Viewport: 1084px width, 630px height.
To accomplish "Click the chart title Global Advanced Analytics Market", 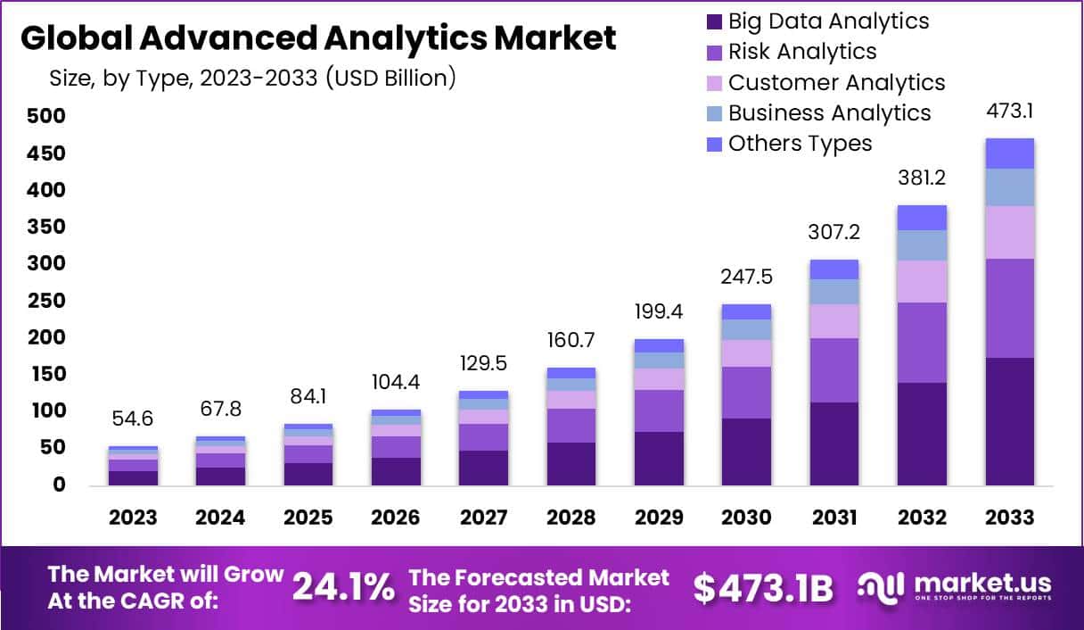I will click(317, 38).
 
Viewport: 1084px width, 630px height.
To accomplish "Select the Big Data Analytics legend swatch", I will click(713, 21).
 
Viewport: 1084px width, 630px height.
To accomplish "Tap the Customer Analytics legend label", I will click(836, 82).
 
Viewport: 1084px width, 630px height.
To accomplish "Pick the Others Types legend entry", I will click(800, 143).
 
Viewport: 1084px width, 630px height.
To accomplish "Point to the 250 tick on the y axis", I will click(45, 301).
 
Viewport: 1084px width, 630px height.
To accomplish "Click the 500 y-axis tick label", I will click(45, 117).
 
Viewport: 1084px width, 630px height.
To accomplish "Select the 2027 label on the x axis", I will click(483, 518).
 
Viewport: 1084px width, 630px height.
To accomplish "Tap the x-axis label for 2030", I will click(747, 518).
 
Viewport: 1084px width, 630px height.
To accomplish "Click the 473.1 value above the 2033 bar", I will click(1009, 112).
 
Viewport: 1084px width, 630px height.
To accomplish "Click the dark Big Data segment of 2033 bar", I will click(1009, 421).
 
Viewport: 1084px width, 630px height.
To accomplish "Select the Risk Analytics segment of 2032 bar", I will click(922, 343).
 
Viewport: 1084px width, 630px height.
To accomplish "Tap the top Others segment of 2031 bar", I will click(834, 269).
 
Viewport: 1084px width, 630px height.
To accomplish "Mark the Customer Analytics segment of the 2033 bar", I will click(1009, 232).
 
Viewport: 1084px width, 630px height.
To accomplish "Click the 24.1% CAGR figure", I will click(343, 586).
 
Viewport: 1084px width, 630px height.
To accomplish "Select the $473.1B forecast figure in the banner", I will click(763, 588).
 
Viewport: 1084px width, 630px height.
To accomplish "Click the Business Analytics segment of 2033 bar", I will click(1009, 187).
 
